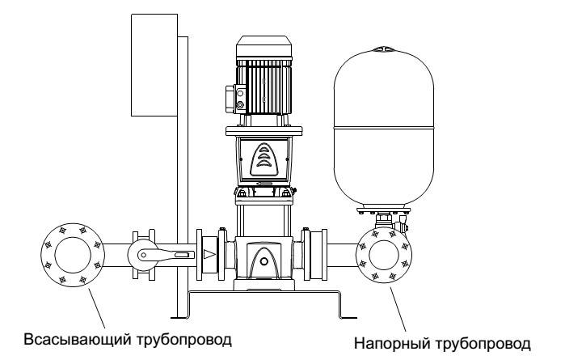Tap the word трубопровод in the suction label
(183, 340)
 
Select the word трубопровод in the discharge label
(483, 343)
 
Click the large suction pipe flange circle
(73, 223)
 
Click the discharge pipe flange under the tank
(384, 227)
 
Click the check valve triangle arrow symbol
(209, 254)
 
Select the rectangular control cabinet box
(154, 65)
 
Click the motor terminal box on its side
(236, 99)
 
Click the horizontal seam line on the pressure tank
(384, 127)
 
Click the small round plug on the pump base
(264, 261)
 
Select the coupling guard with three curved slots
(264, 159)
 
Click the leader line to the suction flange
(96, 308)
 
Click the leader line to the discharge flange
(398, 307)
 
